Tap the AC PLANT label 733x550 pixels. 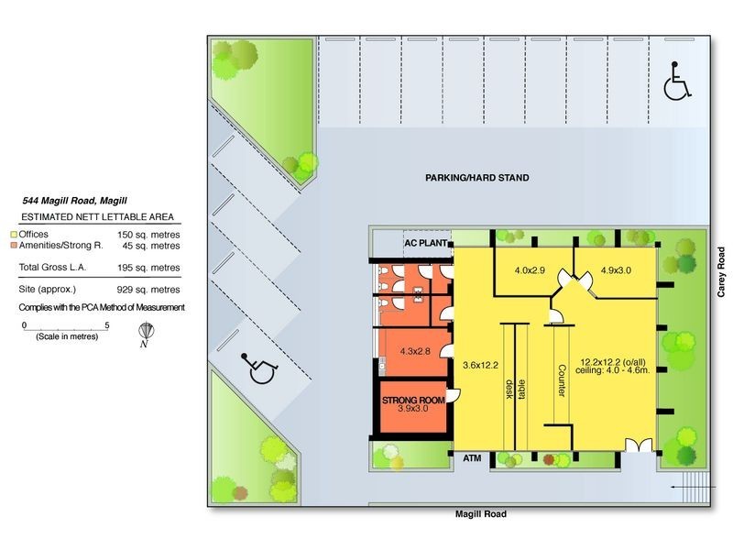click(425, 244)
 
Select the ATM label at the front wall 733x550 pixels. click(471, 456)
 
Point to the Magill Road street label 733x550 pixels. click(480, 514)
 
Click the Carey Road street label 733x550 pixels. click(721, 272)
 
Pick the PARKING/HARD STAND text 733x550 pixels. click(476, 178)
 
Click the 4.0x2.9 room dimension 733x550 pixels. click(530, 270)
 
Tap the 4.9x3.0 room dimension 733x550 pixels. click(616, 270)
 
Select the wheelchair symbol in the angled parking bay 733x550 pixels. click(261, 368)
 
